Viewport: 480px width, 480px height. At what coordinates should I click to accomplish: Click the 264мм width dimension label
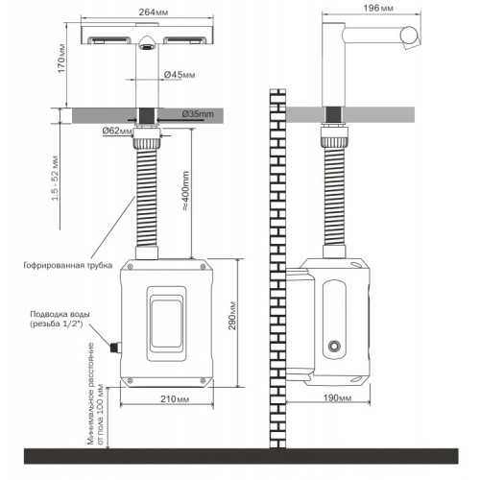(x=154, y=12)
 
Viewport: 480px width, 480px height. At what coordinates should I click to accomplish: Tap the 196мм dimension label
(x=378, y=8)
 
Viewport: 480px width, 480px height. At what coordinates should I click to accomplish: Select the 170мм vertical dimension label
(x=61, y=58)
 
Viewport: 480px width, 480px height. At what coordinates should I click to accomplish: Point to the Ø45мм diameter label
(x=180, y=75)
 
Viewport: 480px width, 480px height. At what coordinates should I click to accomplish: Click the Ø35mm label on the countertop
(x=198, y=114)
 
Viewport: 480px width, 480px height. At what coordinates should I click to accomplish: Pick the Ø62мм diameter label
(x=117, y=131)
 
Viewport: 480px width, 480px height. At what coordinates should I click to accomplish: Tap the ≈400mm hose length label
(x=186, y=191)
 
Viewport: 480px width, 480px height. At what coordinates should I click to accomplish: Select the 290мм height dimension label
(x=232, y=316)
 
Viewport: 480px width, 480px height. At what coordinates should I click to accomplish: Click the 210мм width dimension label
(x=175, y=399)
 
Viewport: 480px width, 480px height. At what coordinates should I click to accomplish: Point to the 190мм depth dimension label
(x=337, y=397)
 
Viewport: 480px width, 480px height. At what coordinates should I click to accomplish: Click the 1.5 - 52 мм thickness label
(x=56, y=178)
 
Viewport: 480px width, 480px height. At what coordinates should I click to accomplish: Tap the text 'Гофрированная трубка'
(x=68, y=265)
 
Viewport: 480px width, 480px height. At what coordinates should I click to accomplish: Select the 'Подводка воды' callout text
(x=56, y=314)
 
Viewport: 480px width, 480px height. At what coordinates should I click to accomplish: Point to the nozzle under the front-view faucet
(x=147, y=42)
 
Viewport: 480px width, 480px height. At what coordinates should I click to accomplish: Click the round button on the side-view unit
(x=334, y=346)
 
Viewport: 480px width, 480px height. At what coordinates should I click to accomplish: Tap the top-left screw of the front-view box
(x=131, y=266)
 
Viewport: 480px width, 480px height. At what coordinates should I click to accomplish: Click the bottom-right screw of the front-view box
(x=203, y=380)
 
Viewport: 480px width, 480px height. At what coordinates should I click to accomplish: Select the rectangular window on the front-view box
(x=166, y=324)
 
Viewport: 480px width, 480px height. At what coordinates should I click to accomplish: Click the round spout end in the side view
(x=409, y=36)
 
